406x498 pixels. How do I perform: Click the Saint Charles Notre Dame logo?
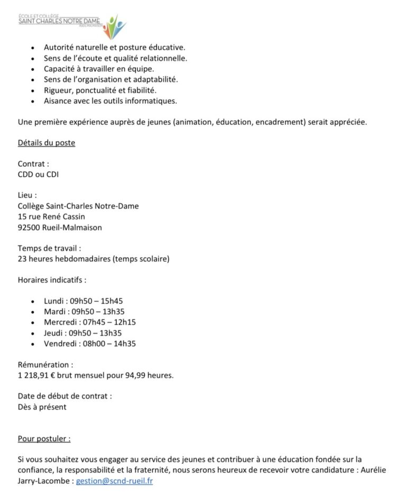(72, 25)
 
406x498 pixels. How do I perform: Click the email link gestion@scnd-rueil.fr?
(114, 482)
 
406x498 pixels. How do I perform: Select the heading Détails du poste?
(47, 143)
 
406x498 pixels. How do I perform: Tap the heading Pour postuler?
(44, 439)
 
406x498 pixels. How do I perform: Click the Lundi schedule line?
(84, 301)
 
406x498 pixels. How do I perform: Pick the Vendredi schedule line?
(90, 343)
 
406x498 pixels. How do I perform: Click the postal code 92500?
(29, 228)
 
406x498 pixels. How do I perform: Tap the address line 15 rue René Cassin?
(51, 216)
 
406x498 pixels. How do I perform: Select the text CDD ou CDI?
(39, 174)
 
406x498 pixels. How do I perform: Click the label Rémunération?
(45, 365)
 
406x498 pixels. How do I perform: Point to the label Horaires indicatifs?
(52, 279)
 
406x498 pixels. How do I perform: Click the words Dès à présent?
(42, 407)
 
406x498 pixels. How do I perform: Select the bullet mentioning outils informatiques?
(110, 101)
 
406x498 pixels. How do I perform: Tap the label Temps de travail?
(50, 248)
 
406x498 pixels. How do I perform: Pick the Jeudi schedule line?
(83, 333)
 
